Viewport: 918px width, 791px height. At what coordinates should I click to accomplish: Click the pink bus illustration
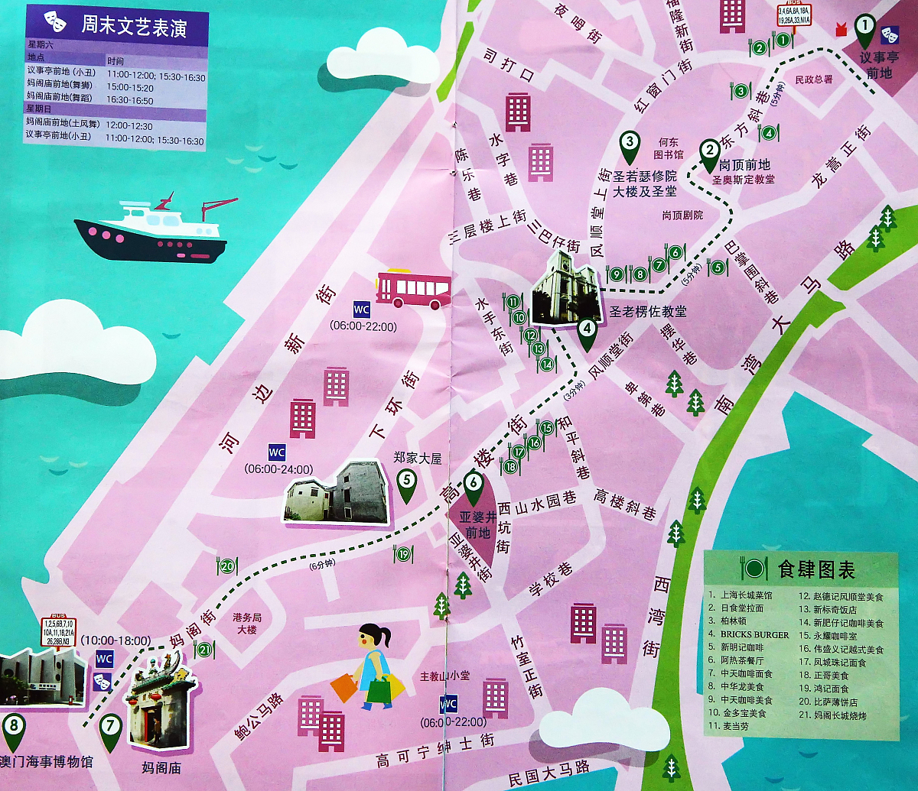[x=413, y=289]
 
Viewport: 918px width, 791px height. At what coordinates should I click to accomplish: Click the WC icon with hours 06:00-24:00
[x=276, y=452]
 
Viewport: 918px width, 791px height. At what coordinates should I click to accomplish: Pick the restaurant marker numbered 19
[x=403, y=554]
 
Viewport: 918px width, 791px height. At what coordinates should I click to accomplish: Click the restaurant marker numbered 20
[x=227, y=566]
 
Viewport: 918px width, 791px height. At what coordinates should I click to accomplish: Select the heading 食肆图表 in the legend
[x=815, y=569]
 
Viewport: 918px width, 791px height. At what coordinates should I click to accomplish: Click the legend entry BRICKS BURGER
[x=754, y=635]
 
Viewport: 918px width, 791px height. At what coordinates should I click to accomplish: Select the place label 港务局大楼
[x=246, y=623]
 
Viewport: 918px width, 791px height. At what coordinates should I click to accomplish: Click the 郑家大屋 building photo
[x=336, y=492]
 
